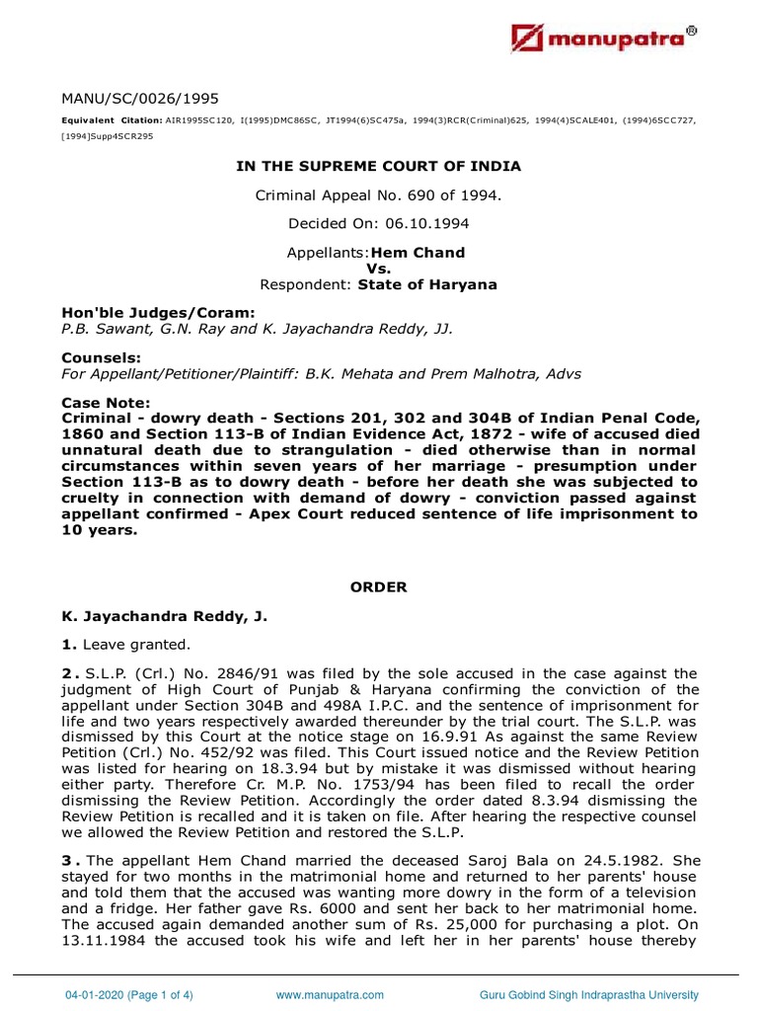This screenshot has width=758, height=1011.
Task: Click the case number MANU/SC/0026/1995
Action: point(140,98)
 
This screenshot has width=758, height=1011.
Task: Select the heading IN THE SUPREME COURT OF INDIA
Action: point(379,166)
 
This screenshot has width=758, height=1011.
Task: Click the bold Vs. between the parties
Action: point(379,268)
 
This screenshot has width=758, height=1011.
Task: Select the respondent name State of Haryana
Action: point(427,284)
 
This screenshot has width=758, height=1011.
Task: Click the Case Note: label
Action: point(106,403)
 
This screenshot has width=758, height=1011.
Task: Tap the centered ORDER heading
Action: point(379,586)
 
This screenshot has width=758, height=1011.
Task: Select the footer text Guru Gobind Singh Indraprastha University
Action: point(589,994)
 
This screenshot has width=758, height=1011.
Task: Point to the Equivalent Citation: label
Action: point(112,119)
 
